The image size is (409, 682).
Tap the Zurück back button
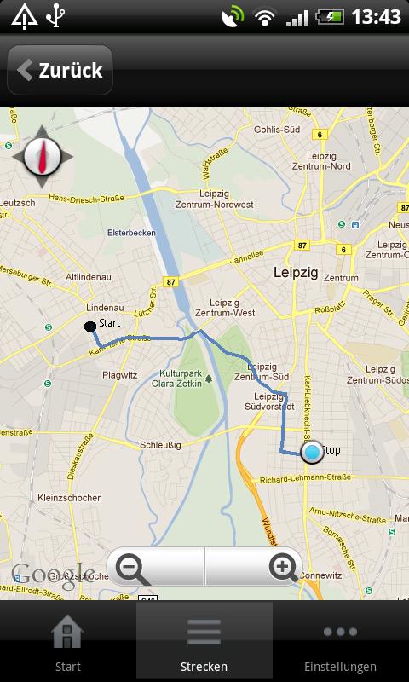click(x=60, y=71)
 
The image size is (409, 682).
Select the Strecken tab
click(x=204, y=644)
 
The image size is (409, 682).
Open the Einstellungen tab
click(x=340, y=644)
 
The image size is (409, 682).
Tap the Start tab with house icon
click(x=67, y=644)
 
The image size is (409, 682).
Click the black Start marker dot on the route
click(x=89, y=326)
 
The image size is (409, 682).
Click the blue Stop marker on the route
click(x=313, y=452)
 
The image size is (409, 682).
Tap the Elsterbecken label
click(x=130, y=232)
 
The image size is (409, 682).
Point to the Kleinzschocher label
click(x=69, y=498)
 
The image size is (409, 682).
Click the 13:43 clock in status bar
click(x=375, y=16)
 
